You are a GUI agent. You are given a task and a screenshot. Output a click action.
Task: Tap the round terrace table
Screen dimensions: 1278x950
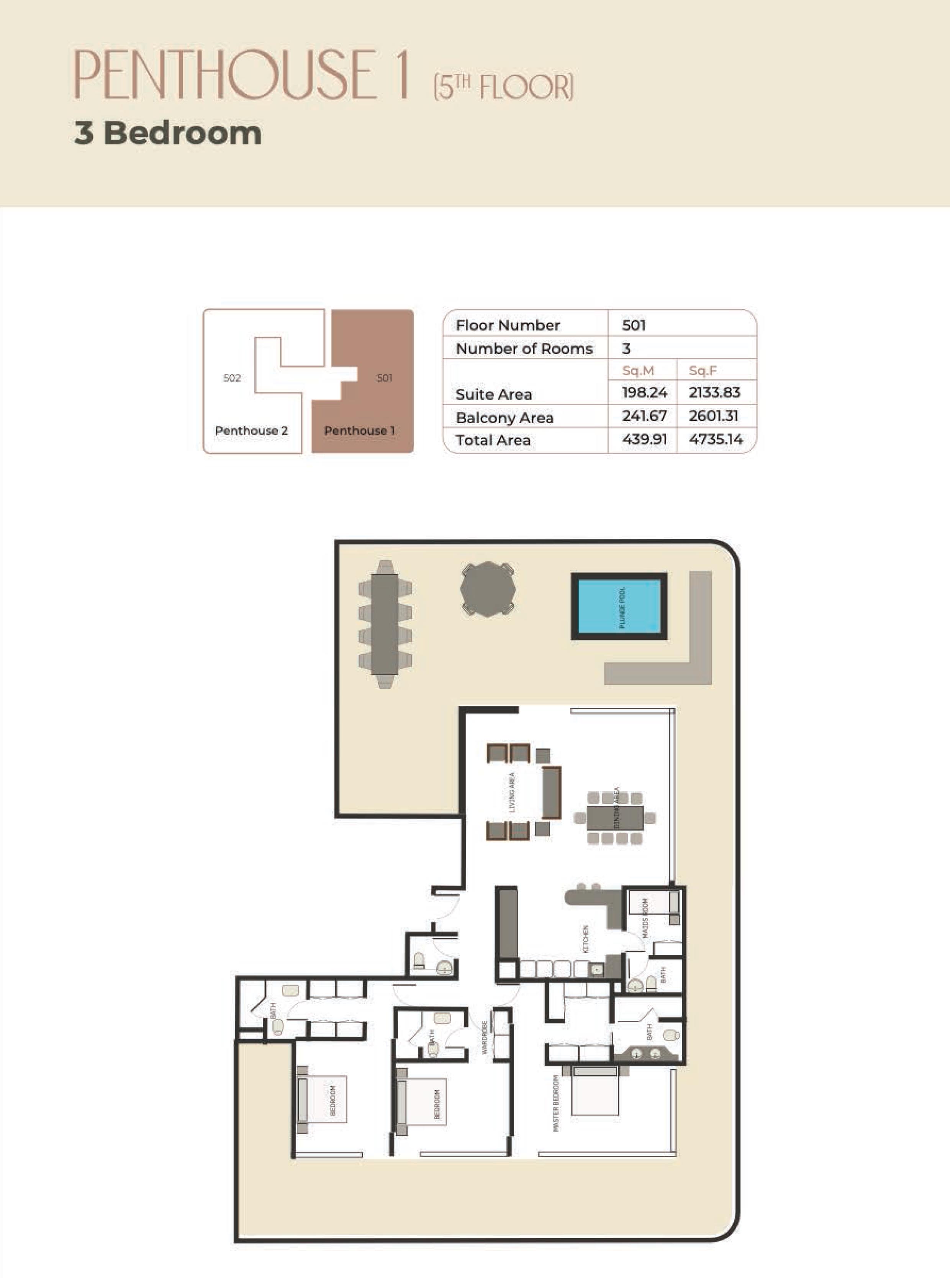pos(487,589)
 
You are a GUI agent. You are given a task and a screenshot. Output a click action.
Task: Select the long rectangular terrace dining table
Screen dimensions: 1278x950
pos(385,623)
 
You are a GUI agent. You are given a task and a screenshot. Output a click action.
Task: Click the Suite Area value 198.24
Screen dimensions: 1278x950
pos(644,393)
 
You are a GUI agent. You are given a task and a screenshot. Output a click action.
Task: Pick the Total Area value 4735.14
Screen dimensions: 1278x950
pos(716,440)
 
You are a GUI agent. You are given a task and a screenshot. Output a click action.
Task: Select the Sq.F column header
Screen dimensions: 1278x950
pos(703,371)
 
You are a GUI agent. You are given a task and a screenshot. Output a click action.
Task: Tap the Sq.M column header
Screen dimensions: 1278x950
pos(638,371)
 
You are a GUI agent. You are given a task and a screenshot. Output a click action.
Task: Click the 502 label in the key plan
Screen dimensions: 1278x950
pos(232,378)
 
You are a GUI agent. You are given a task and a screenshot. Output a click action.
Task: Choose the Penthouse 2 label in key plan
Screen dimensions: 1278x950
pos(251,430)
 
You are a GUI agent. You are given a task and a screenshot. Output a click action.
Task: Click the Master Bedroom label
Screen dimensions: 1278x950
pos(555,1103)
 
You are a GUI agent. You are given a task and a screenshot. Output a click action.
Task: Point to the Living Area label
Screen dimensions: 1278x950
pos(512,792)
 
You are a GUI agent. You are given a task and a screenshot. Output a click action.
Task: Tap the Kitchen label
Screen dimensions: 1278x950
pos(586,938)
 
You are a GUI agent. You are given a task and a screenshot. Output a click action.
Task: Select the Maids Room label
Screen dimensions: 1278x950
pos(645,919)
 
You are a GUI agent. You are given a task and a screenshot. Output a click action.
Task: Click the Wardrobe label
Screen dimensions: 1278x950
pos(485,1037)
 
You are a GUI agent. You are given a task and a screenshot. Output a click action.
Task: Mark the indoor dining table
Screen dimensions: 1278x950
pos(615,817)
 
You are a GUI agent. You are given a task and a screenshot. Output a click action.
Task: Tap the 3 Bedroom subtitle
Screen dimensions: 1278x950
pos(167,133)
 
